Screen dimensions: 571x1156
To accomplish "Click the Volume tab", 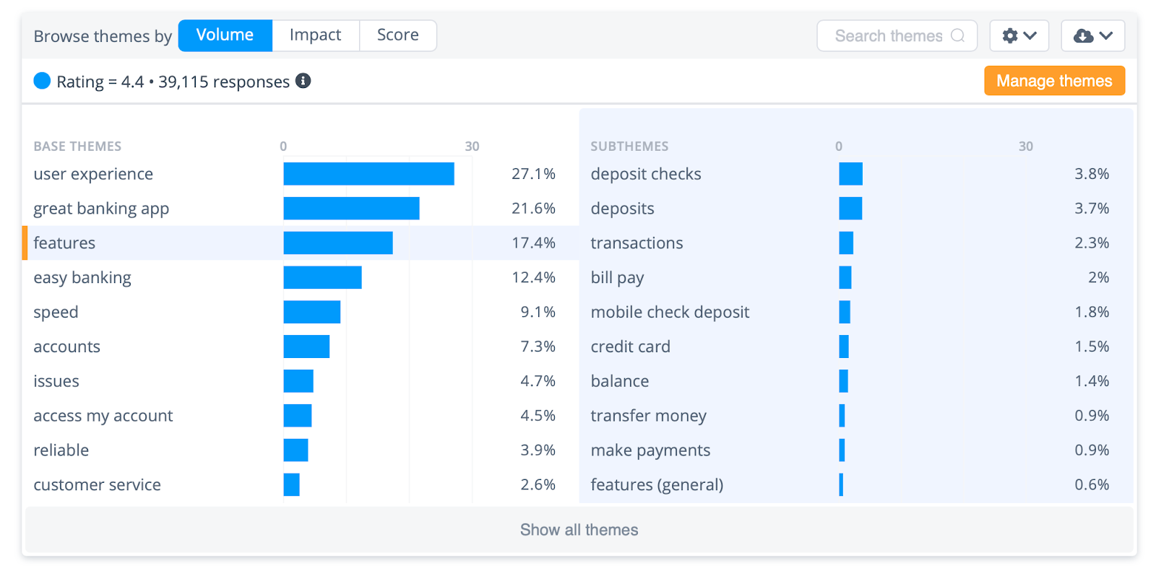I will click(x=225, y=35).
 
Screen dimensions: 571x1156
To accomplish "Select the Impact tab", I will click(x=315, y=35).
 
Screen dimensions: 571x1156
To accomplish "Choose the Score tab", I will click(x=397, y=35).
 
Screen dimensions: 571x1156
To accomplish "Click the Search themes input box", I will click(x=896, y=36).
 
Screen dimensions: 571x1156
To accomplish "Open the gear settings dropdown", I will click(x=1019, y=36).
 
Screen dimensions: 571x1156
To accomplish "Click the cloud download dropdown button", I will click(x=1092, y=36).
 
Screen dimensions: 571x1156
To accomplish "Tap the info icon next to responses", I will click(x=303, y=81).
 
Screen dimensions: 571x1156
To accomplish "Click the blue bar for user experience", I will click(x=368, y=174).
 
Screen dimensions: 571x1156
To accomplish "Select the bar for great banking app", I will click(x=351, y=209).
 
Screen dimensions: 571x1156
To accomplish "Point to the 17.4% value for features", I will click(x=533, y=243).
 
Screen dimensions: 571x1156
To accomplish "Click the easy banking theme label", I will click(x=82, y=278).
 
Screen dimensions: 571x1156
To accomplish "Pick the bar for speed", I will click(x=311, y=313).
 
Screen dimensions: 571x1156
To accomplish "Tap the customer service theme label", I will click(x=97, y=485).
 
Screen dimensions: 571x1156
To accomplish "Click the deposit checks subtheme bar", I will click(x=850, y=174).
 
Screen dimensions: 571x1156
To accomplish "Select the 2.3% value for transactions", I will click(x=1091, y=243).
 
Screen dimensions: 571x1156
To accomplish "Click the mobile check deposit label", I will click(x=670, y=313).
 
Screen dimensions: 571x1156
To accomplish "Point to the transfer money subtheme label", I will click(x=648, y=416).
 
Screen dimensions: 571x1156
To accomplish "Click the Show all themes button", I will click(x=579, y=530).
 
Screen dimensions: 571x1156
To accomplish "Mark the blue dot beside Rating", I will click(x=42, y=81).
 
